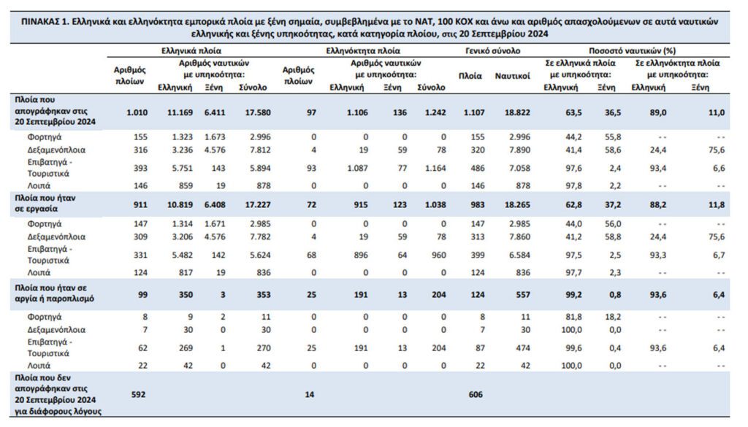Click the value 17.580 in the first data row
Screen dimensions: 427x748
[x=252, y=112]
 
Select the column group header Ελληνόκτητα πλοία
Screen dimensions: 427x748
[x=363, y=53]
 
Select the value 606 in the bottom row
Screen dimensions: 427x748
[x=476, y=394]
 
